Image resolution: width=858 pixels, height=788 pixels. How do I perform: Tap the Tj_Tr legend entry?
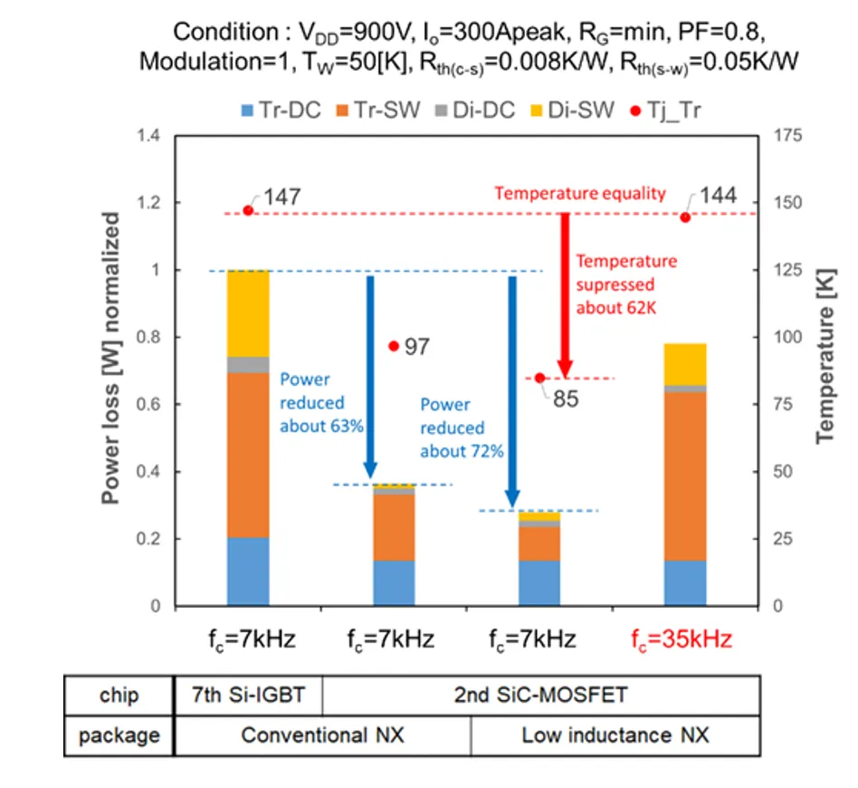pyautogui.click(x=665, y=111)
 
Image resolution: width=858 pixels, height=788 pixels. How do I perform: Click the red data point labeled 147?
pyautogui.click(x=248, y=211)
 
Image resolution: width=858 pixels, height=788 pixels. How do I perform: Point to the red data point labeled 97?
pyautogui.click(x=394, y=346)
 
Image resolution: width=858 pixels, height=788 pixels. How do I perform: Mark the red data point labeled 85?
pyautogui.click(x=539, y=378)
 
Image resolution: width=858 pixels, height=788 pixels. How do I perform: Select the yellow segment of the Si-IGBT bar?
pyautogui.click(x=248, y=312)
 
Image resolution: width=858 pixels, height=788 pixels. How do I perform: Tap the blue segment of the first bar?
pyautogui.click(x=248, y=572)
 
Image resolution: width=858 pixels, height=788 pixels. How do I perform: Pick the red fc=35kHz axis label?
pyautogui.click(x=685, y=639)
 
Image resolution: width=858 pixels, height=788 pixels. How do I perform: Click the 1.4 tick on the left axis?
pyautogui.click(x=149, y=136)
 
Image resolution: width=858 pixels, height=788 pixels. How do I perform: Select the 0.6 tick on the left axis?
pyautogui.click(x=149, y=405)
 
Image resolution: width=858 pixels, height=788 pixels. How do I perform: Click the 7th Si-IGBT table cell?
pyautogui.click(x=247, y=696)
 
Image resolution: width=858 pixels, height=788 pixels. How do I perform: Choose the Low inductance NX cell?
pyautogui.click(x=615, y=735)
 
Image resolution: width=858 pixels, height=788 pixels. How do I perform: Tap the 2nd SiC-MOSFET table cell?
pyautogui.click(x=539, y=696)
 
